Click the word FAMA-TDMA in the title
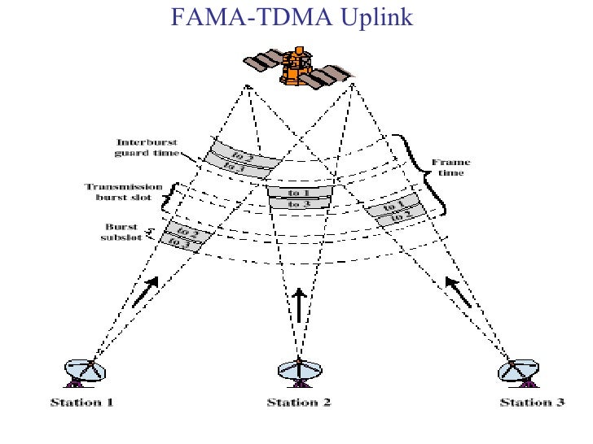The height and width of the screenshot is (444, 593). [242, 15]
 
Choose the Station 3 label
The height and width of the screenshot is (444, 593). [531, 403]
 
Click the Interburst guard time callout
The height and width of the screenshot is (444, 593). [141, 146]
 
